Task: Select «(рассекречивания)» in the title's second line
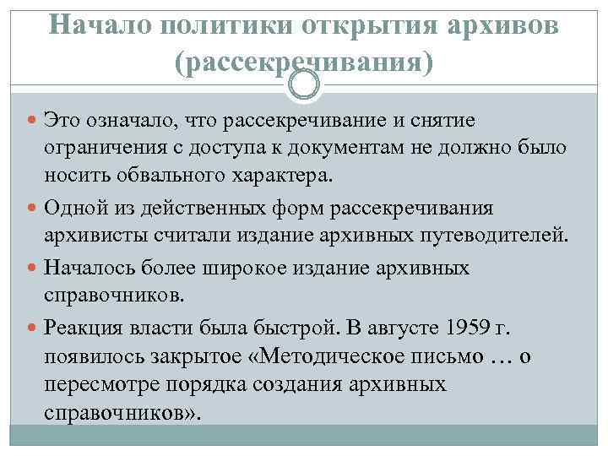tap(303, 63)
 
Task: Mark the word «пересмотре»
tap(94, 386)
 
